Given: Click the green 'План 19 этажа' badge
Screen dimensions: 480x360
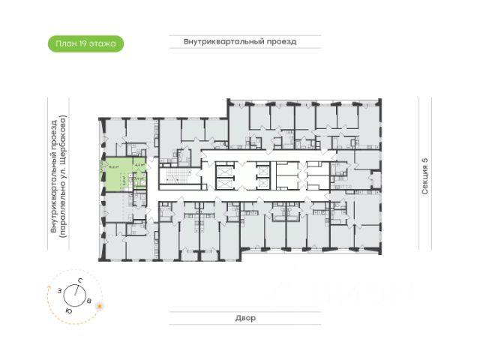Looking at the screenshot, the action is (85, 43).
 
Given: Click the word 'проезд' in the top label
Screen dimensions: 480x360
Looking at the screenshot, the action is (280, 42).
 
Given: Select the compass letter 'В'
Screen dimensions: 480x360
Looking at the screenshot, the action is (90, 301).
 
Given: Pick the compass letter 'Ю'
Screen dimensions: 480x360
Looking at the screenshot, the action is (68, 309).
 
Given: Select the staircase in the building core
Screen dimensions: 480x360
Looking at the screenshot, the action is (172, 178).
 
